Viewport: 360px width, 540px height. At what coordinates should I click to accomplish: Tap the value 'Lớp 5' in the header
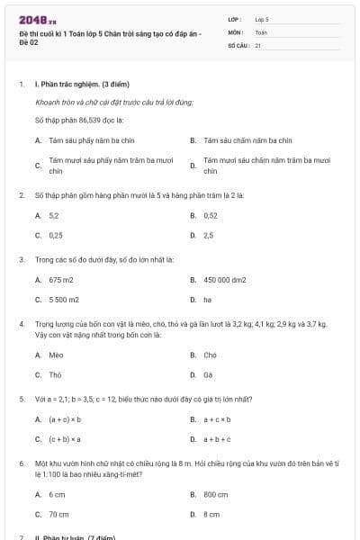click(262, 19)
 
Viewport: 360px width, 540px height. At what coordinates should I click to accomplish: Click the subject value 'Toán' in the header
click(261, 31)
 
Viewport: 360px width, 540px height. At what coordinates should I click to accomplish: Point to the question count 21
click(258, 44)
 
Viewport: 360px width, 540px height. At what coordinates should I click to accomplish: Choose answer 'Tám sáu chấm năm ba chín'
click(247, 140)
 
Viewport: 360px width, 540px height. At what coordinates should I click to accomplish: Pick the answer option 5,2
click(54, 216)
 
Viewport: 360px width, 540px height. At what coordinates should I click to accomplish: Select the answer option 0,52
click(211, 216)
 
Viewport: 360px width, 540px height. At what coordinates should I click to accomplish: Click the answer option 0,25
click(56, 235)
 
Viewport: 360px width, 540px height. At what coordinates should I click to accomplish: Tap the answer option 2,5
click(209, 235)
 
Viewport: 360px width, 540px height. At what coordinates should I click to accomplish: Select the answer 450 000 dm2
click(225, 280)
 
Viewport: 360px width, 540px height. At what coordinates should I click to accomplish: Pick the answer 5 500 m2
click(64, 299)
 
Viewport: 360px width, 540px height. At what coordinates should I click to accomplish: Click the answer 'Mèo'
click(56, 355)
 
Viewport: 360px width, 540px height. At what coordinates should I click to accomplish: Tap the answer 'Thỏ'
click(56, 374)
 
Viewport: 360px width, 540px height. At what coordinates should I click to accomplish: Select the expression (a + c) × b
click(65, 419)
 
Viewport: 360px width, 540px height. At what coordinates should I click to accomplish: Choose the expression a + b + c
click(217, 439)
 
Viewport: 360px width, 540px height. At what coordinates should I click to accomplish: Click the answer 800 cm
click(216, 494)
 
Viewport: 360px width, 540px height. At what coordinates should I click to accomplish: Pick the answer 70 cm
click(58, 514)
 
